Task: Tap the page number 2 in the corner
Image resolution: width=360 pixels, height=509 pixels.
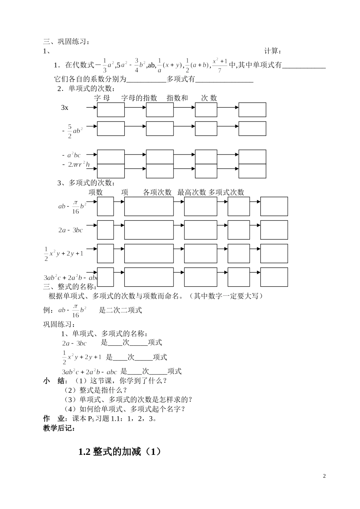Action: [324, 476]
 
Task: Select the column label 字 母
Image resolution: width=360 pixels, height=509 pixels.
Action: [102, 98]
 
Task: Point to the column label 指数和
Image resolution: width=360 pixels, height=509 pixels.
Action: [177, 98]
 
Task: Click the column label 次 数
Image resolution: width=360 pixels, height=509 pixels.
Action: [209, 98]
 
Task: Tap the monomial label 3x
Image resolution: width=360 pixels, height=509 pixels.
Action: [65, 108]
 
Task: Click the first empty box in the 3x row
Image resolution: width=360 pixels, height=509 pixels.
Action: [111, 110]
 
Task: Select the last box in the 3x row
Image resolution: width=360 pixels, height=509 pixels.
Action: [252, 110]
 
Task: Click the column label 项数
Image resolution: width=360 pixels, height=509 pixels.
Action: [96, 192]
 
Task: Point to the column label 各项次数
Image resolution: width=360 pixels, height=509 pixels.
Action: [157, 192]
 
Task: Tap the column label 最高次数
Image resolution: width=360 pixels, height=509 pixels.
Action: [191, 192]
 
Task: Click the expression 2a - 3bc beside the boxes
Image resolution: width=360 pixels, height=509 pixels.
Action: [70, 230]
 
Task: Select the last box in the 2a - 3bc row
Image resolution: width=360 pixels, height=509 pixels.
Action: [274, 230]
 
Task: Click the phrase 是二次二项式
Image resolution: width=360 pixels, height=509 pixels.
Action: [121, 310]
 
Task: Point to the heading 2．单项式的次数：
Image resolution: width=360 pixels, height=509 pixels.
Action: [86, 89]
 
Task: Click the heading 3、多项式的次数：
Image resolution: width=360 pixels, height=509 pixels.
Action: [86, 183]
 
